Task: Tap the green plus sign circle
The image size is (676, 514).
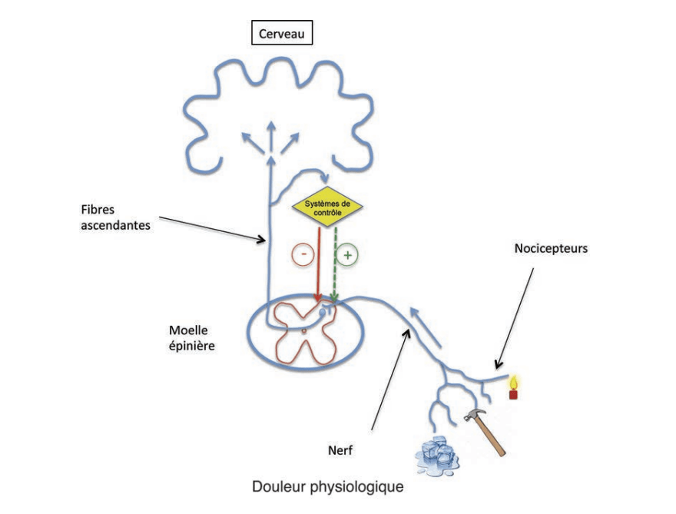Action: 348,255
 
